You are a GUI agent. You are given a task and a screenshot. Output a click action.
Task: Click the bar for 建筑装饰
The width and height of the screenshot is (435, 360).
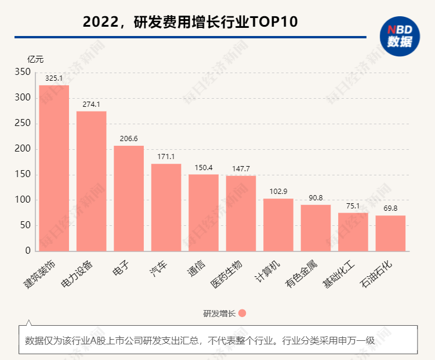(54, 168)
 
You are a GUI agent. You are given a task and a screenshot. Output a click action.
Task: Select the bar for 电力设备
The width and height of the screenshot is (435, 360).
(92, 181)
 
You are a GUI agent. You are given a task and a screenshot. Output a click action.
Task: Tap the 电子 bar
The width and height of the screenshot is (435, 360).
(129, 199)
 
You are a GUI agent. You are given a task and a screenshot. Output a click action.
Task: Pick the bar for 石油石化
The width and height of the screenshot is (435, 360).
(390, 233)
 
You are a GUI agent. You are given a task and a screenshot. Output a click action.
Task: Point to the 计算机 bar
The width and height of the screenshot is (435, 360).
(278, 225)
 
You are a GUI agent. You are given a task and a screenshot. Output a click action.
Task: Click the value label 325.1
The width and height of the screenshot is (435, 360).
(54, 78)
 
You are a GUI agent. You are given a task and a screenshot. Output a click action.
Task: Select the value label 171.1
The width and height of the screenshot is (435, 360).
(166, 157)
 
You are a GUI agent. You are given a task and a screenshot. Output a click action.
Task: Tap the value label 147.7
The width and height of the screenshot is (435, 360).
(241, 168)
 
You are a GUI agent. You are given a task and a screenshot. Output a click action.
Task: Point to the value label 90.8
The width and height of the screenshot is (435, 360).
(316, 197)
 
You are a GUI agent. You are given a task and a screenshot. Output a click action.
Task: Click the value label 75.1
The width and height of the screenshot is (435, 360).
(353, 206)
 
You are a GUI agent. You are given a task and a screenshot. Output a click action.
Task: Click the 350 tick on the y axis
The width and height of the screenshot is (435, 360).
(22, 72)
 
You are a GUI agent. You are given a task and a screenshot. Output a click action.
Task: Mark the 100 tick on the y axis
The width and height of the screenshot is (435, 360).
(22, 200)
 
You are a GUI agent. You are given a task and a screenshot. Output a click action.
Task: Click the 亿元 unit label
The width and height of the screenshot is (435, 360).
(35, 59)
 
